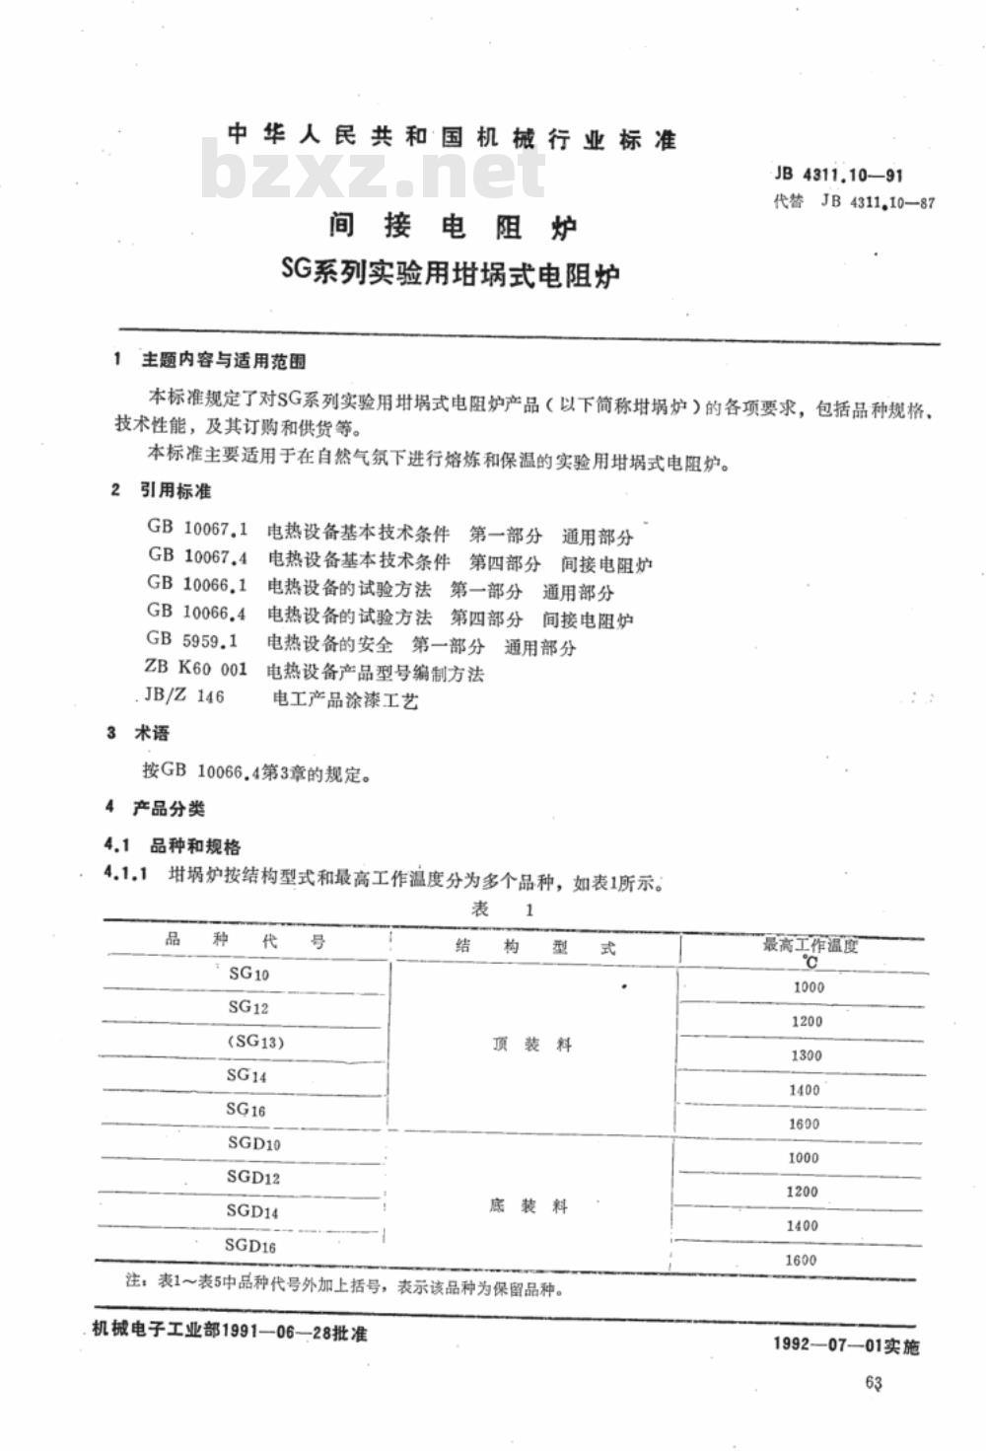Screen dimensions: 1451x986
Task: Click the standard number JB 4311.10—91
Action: pyautogui.click(x=838, y=176)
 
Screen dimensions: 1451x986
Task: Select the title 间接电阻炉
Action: pyautogui.click(x=453, y=227)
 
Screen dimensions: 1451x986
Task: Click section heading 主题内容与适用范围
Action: pyautogui.click(x=224, y=361)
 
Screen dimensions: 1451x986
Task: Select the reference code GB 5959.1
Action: pyautogui.click(x=193, y=640)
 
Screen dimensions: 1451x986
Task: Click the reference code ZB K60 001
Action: pyautogui.click(x=194, y=670)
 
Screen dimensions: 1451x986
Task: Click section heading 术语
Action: pyautogui.click(x=152, y=733)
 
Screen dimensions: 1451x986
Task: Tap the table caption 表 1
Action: pyautogui.click(x=503, y=908)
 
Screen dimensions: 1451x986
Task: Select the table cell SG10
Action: pyautogui.click(x=248, y=974)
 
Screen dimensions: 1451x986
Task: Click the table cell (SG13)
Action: pyautogui.click(x=255, y=1042)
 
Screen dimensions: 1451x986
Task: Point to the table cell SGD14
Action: pyautogui.click(x=252, y=1211)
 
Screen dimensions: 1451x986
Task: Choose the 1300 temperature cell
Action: pyautogui.click(x=806, y=1055)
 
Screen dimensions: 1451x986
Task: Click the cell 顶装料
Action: pyautogui.click(x=531, y=1045)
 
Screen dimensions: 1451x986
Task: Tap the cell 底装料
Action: pyautogui.click(x=528, y=1206)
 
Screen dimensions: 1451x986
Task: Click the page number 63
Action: pyautogui.click(x=873, y=1383)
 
